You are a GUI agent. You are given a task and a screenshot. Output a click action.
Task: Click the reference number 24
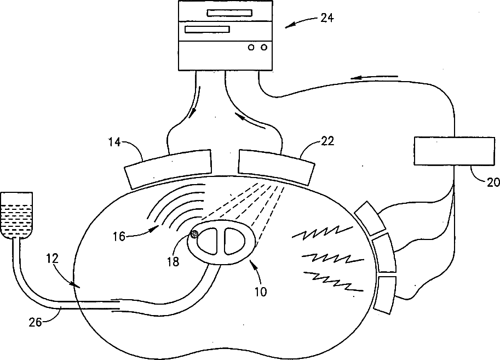click(327, 18)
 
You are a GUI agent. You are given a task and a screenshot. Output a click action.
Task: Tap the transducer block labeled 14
click(168, 168)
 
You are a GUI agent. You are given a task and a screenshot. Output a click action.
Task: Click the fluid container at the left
click(17, 215)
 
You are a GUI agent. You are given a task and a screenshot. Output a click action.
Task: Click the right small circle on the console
click(265, 48)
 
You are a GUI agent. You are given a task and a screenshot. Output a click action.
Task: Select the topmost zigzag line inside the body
click(323, 233)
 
